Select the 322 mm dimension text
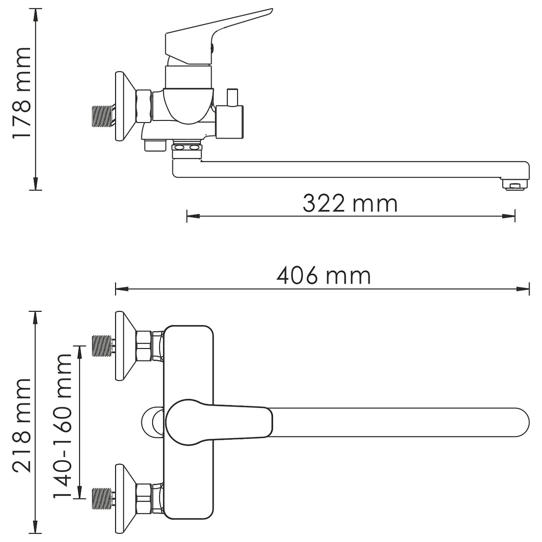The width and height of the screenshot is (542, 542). coord(350,203)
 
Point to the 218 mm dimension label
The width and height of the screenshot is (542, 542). coord(21,426)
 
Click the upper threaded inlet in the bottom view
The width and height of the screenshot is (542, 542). coord(103,346)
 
